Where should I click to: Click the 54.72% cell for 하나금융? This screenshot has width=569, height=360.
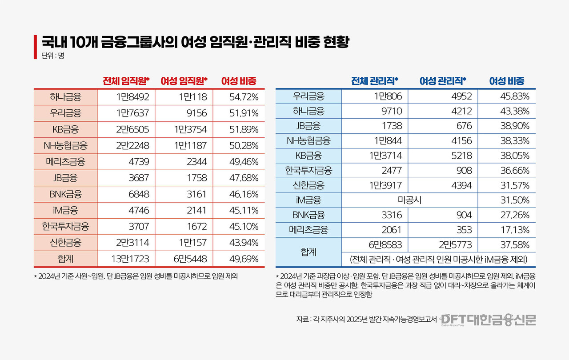coord(244,97)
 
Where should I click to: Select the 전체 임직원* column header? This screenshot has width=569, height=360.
coord(126,81)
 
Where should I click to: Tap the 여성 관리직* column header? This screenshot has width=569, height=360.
coord(443,81)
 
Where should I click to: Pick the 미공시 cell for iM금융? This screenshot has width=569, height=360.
coord(409,200)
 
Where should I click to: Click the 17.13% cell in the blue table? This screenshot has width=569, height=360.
coord(514,230)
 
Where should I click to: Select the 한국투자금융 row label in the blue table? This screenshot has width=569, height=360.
coord(309,170)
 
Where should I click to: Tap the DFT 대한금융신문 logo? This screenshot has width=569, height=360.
coord(489,319)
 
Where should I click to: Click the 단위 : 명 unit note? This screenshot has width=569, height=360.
coord(49,56)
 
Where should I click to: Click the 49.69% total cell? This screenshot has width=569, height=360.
coord(244,258)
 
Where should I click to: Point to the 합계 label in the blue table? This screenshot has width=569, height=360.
coord(309,252)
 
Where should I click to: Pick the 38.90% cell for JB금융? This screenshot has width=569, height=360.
coord(514,126)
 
